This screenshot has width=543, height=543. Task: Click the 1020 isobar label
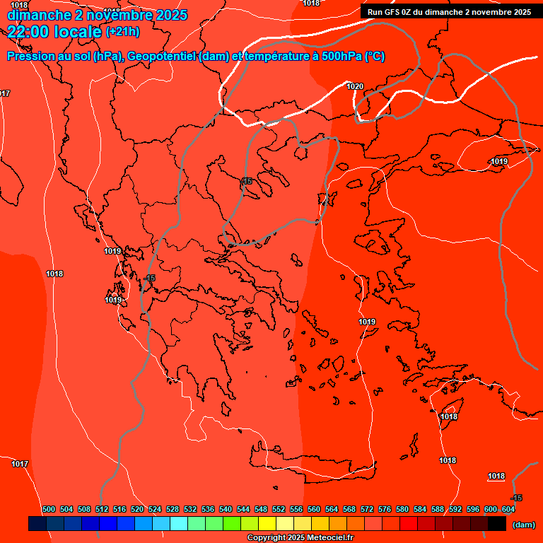tap(355, 86)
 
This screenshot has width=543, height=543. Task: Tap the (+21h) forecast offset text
tap(123, 31)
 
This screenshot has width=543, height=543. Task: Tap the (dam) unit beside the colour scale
tap(523, 525)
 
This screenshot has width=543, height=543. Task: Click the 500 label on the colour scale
tap(49, 509)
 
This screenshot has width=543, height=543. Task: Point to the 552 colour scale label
tap(279, 509)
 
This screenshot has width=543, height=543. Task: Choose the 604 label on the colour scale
tap(508, 509)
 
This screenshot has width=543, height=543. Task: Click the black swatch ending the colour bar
tap(497, 523)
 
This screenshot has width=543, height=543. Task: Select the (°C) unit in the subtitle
tap(375, 57)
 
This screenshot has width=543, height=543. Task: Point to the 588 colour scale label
tap(438, 509)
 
